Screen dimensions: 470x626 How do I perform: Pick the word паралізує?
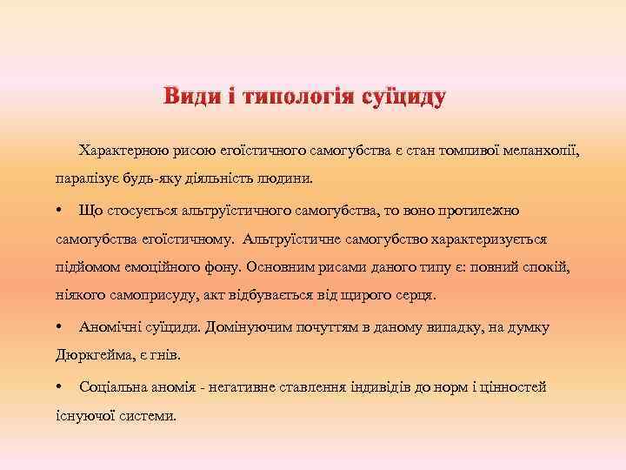click(x=85, y=179)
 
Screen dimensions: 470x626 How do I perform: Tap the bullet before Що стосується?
click(x=57, y=210)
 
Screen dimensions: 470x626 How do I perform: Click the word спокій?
click(x=547, y=267)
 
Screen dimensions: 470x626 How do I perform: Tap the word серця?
click(x=415, y=296)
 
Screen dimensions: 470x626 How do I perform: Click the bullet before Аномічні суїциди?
click(x=57, y=327)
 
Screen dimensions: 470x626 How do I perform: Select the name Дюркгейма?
click(x=90, y=356)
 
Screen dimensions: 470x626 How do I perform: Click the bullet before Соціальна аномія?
click(x=57, y=386)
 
